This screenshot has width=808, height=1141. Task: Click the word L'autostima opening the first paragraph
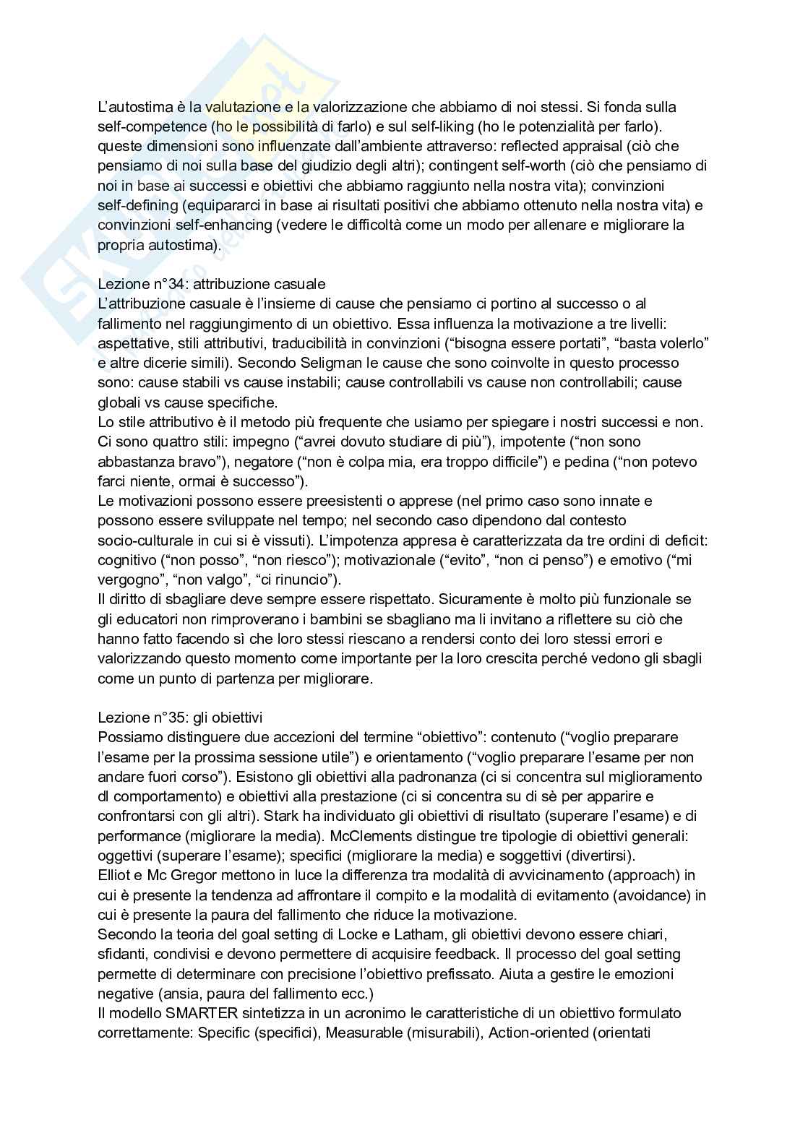click(x=129, y=107)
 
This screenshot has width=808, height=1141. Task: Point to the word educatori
click(x=145, y=619)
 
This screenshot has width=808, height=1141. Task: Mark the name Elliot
click(x=116, y=875)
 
